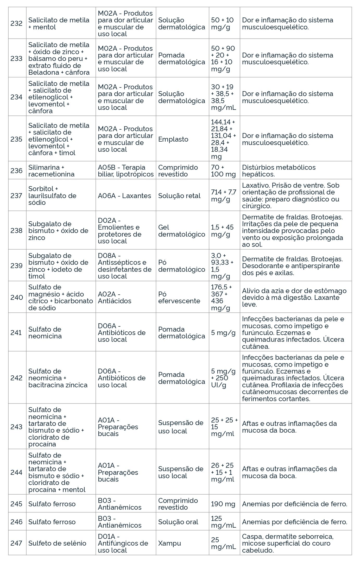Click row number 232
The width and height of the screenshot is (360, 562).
[16, 23]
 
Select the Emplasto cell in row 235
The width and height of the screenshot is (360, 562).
[173, 139]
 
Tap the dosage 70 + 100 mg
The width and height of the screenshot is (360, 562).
[223, 171]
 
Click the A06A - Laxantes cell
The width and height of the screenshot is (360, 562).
[124, 196]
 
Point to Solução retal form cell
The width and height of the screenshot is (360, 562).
[179, 196]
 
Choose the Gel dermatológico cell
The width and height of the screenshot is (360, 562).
[181, 231]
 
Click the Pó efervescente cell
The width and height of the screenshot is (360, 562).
[179, 297]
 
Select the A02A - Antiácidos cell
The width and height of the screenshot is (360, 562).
[115, 297]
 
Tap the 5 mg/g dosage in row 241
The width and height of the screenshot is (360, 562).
[223, 332]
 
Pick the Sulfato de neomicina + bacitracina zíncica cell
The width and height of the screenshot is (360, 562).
[58, 378]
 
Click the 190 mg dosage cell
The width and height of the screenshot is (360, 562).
[223, 504]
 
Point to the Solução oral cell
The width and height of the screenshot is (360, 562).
[178, 522]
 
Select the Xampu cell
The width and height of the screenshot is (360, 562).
[169, 543]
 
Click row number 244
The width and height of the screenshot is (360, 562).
[16, 472]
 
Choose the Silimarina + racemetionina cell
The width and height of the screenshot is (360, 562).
[51, 171]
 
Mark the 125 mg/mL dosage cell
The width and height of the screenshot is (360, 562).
[223, 522]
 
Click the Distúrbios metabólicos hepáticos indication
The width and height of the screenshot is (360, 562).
[279, 171]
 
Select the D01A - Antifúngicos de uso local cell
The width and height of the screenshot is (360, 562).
[123, 543]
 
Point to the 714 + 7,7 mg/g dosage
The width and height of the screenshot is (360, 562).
[223, 196]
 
